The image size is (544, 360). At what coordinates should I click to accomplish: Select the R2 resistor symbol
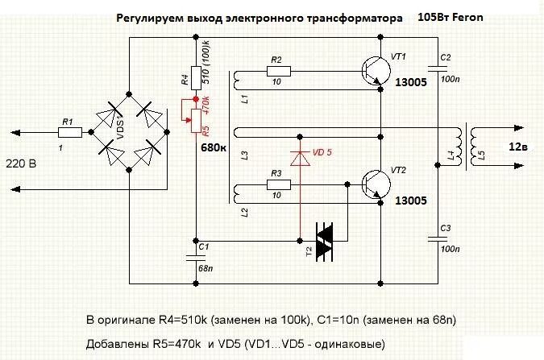tap(276, 72)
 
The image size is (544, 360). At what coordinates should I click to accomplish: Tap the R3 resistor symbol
tap(276, 184)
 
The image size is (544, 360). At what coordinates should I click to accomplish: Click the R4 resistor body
tap(195, 77)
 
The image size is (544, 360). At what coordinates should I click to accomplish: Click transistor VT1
tap(373, 70)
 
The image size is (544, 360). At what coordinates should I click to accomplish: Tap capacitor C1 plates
tap(195, 255)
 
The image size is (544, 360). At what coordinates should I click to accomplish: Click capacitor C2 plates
tap(441, 70)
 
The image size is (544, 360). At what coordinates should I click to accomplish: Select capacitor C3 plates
tap(441, 238)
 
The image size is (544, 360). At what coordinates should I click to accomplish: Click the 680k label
tap(214, 147)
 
